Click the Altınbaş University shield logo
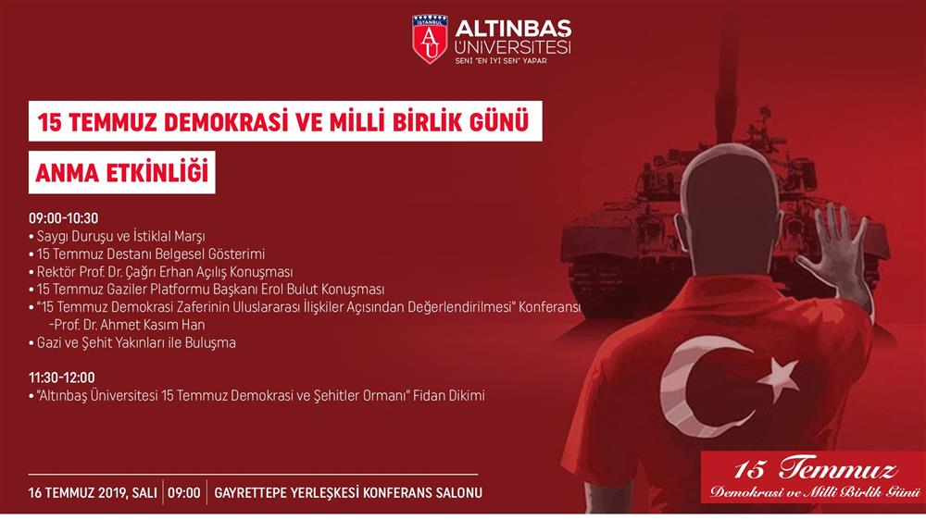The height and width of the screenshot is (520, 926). tap(430, 39)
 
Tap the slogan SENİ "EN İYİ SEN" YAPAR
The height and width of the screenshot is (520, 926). tap(501, 61)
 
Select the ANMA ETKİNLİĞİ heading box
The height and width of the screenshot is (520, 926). tap(121, 172)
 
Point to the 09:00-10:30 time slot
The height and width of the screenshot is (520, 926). tap(64, 218)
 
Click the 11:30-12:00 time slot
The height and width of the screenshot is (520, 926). tap(61, 378)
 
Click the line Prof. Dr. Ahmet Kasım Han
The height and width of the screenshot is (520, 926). tap(127, 325)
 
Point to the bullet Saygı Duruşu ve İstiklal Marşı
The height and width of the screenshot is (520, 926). tap(117, 237)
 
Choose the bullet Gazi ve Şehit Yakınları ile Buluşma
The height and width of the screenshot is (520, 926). tap(132, 343)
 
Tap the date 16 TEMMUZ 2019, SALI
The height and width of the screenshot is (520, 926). tap(93, 493)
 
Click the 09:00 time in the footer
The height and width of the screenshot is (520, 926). tap(184, 493)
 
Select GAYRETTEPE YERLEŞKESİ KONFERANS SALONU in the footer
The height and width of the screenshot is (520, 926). tap(348, 493)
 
